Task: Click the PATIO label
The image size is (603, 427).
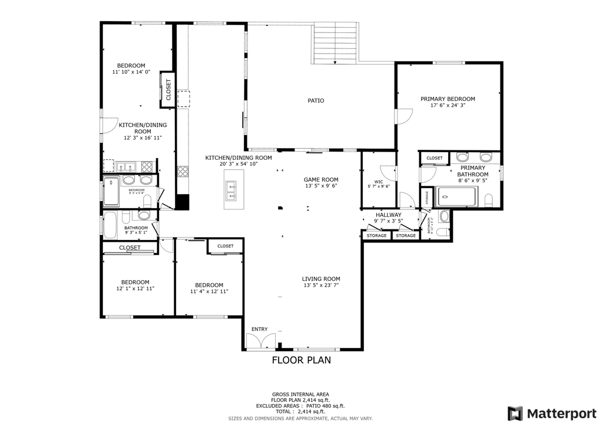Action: click(x=316, y=101)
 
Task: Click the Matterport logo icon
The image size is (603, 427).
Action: click(x=515, y=412)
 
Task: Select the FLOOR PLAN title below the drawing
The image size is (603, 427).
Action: click(x=301, y=360)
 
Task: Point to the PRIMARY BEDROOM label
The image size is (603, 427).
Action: click(x=448, y=99)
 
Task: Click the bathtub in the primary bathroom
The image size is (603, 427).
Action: click(x=456, y=197)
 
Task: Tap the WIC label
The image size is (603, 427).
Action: click(x=379, y=182)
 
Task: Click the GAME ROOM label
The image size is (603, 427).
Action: click(x=321, y=180)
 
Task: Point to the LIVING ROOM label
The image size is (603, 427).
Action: click(x=321, y=279)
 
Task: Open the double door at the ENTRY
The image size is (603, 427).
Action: click(x=260, y=341)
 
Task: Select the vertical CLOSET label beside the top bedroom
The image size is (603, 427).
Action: click(x=168, y=92)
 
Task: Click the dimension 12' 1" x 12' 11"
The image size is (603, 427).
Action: click(x=135, y=289)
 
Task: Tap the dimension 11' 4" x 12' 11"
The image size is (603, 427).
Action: click(x=208, y=291)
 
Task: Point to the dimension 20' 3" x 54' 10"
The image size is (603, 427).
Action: click(x=238, y=164)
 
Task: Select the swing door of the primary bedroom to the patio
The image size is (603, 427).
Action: click(x=403, y=116)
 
